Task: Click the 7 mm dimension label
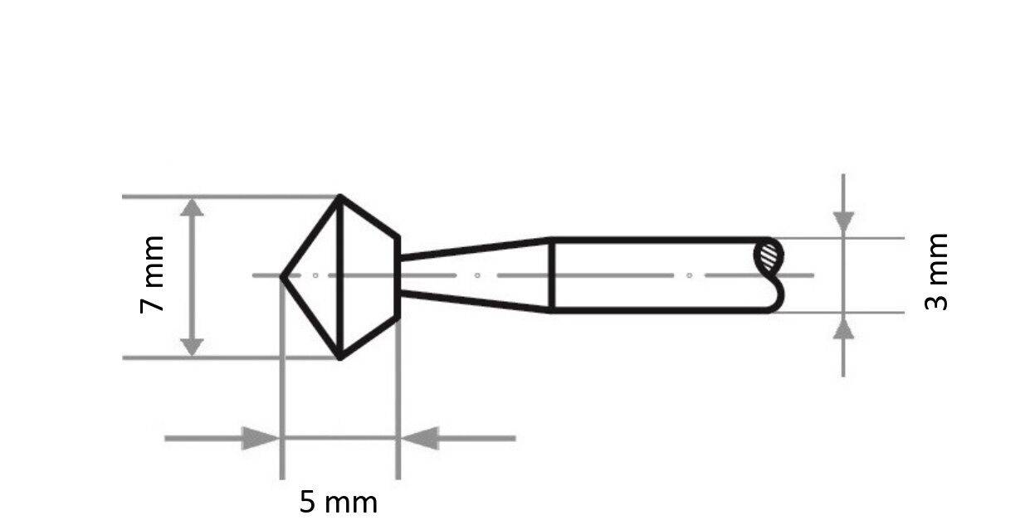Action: click(153, 274)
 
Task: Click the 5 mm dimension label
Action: click(338, 503)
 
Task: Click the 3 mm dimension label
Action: click(936, 271)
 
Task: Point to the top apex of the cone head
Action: click(339, 197)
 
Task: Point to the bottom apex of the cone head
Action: click(340, 357)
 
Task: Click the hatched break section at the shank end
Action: click(769, 254)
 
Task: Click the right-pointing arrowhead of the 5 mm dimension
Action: click(260, 438)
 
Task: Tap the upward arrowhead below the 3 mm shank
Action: click(843, 329)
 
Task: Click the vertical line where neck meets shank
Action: click(552, 275)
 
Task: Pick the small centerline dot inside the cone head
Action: click(316, 275)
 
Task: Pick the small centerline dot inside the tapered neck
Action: click(477, 275)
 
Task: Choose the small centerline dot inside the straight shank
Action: click(689, 275)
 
